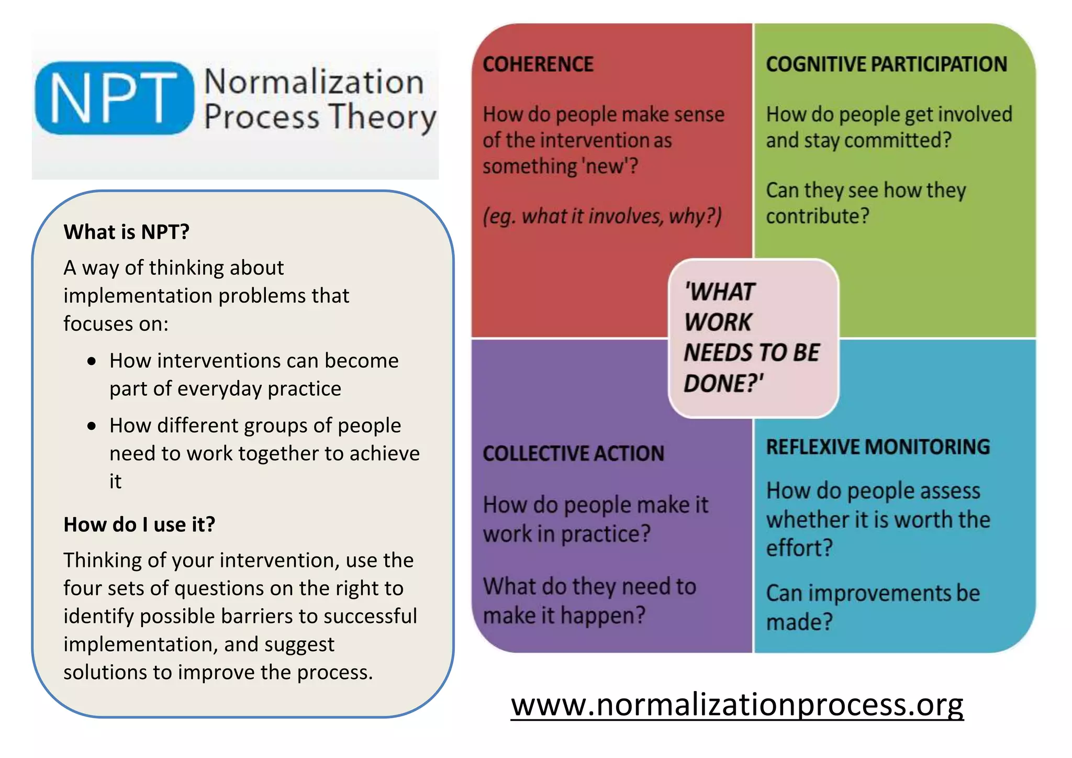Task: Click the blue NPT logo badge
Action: pyautogui.click(x=114, y=98)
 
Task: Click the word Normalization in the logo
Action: pyautogui.click(x=314, y=82)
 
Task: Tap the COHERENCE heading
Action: pyautogui.click(x=538, y=64)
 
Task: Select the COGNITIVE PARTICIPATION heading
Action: pyautogui.click(x=886, y=64)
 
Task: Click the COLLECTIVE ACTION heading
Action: pyautogui.click(x=573, y=453)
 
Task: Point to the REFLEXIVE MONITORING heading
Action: pyautogui.click(x=878, y=447)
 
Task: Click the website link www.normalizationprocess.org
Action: pyautogui.click(x=737, y=705)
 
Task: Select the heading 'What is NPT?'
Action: pyautogui.click(x=126, y=232)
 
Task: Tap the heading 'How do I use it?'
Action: pyautogui.click(x=139, y=525)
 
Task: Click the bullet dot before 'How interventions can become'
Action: pyautogui.click(x=92, y=361)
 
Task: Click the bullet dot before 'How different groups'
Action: pyautogui.click(x=92, y=426)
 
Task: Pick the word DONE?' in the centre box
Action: pyautogui.click(x=723, y=383)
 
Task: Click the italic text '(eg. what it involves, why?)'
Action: pyautogui.click(x=602, y=216)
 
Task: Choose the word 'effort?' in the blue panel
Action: pyautogui.click(x=799, y=548)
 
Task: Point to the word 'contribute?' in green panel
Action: pyautogui.click(x=818, y=216)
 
